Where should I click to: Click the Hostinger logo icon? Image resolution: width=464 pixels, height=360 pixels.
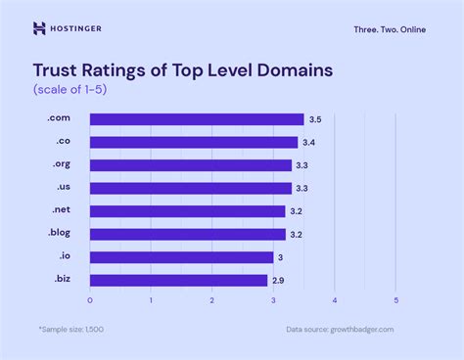[x=39, y=28]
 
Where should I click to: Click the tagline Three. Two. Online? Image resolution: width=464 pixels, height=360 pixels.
[x=391, y=29]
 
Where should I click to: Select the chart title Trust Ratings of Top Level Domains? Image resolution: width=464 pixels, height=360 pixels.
[x=183, y=70]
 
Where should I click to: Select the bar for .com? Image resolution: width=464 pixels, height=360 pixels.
[x=196, y=119]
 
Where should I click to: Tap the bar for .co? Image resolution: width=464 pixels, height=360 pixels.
[x=193, y=142]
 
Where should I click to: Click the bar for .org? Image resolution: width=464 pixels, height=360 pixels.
[x=190, y=165]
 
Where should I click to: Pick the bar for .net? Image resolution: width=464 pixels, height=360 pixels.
[x=187, y=211]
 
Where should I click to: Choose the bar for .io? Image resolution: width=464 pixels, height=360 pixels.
[x=181, y=256]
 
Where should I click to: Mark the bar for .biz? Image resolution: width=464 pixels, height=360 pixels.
[x=178, y=280]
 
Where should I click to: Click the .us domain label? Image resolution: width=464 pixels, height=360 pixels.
[x=62, y=188]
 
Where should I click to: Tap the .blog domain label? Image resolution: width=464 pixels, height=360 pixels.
[x=59, y=234]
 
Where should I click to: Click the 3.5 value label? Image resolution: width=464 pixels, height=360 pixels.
[x=314, y=119]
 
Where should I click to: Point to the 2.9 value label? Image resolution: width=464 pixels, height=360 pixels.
[x=278, y=280]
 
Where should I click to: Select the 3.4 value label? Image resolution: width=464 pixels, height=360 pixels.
[x=308, y=142]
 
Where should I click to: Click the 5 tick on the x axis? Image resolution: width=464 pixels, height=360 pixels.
[x=395, y=300]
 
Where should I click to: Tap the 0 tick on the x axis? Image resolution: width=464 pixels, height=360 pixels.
[x=90, y=300]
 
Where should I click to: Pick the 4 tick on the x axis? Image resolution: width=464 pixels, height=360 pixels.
[x=335, y=300]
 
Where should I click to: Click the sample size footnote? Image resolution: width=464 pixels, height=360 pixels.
[x=71, y=330]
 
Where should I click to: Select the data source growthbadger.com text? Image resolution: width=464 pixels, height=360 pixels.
[x=340, y=330]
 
